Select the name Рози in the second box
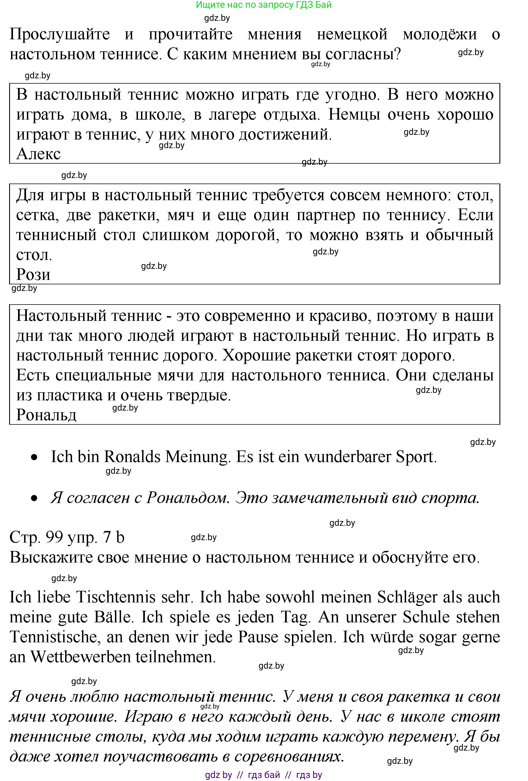(x=33, y=275)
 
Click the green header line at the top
(x=263, y=5)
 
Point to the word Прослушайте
(x=60, y=34)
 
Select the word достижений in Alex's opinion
(x=285, y=135)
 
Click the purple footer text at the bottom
(x=263, y=775)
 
